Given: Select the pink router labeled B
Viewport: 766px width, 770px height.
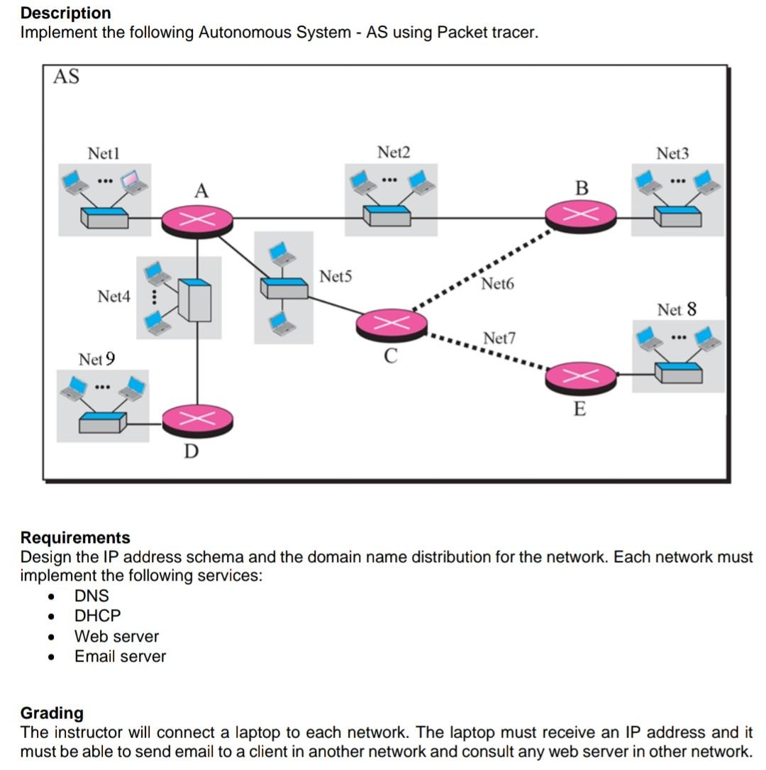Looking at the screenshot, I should (x=581, y=214).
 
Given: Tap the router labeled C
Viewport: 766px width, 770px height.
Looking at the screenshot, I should (x=392, y=324).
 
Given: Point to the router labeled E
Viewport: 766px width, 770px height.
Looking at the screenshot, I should (x=581, y=377).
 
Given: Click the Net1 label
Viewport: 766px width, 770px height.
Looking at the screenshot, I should (x=104, y=153).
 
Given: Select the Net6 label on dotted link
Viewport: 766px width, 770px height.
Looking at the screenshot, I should (x=497, y=285).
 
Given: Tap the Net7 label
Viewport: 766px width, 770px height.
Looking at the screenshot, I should (x=499, y=339).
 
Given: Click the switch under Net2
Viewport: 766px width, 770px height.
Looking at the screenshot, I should (x=387, y=216).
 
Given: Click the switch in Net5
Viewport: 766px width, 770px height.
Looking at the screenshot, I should (x=284, y=287).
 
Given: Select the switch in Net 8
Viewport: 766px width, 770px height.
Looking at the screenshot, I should (x=678, y=372).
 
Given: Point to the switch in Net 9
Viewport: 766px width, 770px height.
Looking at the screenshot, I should (x=103, y=422).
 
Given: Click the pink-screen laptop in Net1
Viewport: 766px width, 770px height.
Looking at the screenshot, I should (x=133, y=182).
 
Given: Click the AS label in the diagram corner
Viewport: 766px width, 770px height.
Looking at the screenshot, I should (x=66, y=77).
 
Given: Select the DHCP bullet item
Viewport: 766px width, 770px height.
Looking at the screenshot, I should (x=98, y=616).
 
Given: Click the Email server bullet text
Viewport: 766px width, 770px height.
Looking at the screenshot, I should (x=120, y=656).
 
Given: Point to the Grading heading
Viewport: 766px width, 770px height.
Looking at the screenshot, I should (x=52, y=713).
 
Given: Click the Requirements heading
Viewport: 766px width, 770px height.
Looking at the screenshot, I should (x=75, y=537).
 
